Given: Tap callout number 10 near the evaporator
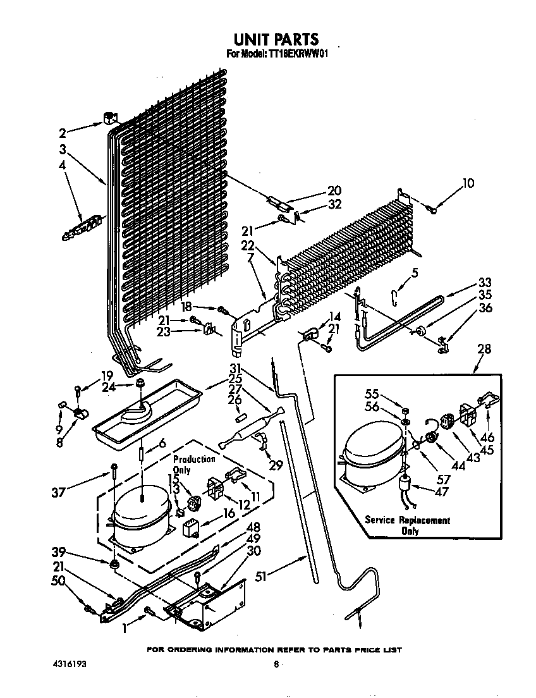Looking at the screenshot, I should coord(468,184).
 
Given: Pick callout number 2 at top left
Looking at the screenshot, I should coord(62,133).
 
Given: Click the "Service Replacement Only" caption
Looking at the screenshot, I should coord(407,525).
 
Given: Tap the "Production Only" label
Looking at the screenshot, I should coord(194,464).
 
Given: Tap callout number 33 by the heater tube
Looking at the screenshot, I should coord(485,283).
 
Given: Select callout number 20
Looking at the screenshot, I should coord(334,190).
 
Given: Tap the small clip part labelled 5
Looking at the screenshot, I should coord(396,295).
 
